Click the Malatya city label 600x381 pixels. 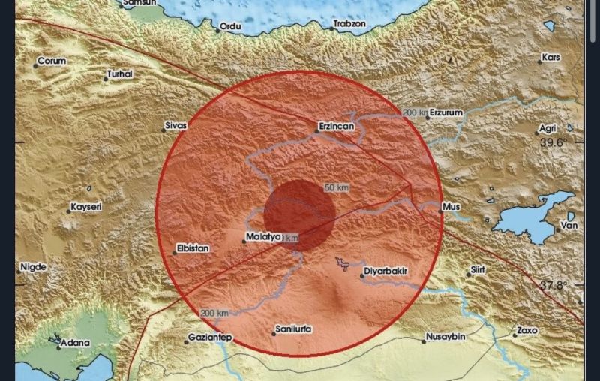pyautogui.click(x=263, y=238)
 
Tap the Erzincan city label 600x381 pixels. pyautogui.click(x=335, y=127)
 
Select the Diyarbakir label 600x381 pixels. pyautogui.click(x=388, y=274)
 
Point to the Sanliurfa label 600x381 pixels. pyautogui.click(x=295, y=329)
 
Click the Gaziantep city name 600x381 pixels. pyautogui.click(x=210, y=338)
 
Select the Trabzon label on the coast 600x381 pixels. pyautogui.click(x=349, y=24)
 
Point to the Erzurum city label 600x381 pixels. pyautogui.click(x=446, y=112)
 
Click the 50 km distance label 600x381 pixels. pyautogui.click(x=337, y=187)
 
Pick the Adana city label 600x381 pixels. pyautogui.click(x=76, y=343)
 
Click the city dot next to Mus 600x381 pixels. pyautogui.click(x=440, y=211)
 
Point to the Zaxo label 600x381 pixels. pyautogui.click(x=527, y=330)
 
